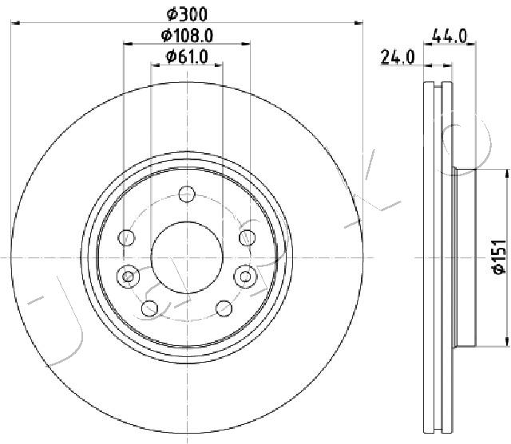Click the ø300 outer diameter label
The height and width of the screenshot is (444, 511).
[x=187, y=14]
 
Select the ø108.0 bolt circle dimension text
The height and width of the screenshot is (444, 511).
[x=187, y=35]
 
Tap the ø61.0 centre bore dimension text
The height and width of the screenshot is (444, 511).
[x=187, y=57]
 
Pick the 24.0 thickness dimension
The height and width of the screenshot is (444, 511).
[x=398, y=57]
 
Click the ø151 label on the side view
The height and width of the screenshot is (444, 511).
[x=500, y=257]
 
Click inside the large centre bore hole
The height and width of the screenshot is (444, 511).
[x=187, y=257]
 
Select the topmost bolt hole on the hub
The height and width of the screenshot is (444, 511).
[x=187, y=194]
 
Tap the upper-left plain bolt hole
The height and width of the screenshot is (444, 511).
[x=126, y=238]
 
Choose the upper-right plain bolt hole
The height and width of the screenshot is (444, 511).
[x=248, y=238]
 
